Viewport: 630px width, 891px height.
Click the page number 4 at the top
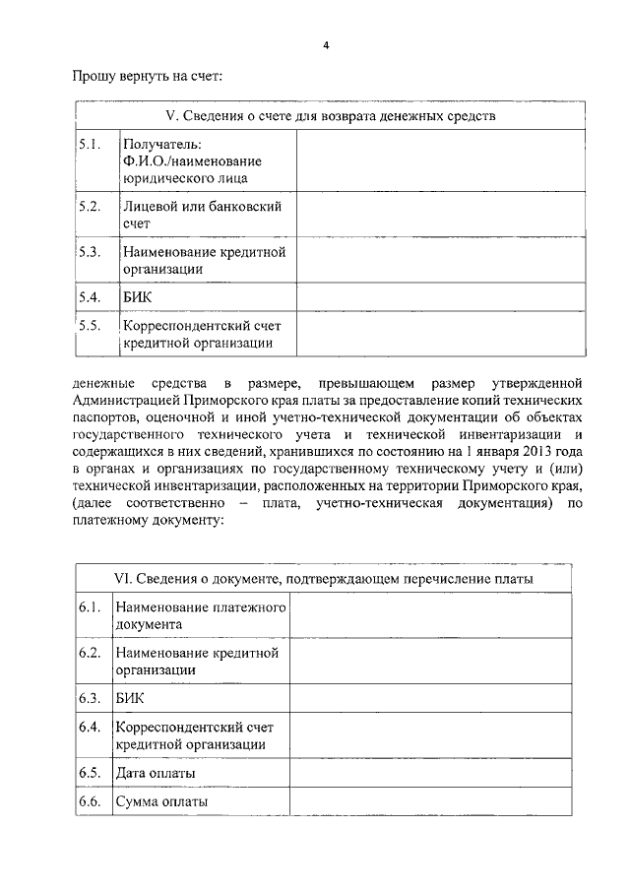(x=325, y=45)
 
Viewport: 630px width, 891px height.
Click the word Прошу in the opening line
(x=94, y=75)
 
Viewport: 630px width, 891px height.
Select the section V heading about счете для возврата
(x=329, y=116)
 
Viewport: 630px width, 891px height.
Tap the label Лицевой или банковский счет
(x=203, y=215)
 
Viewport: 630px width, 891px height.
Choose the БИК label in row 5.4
(x=137, y=296)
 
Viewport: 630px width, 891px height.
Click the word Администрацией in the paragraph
(x=127, y=402)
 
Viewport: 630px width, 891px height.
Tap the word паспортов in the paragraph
(x=102, y=419)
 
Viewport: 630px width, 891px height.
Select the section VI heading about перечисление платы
(x=324, y=579)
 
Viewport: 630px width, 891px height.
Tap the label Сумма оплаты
(x=161, y=802)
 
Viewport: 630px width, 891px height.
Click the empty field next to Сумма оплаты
(x=431, y=802)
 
